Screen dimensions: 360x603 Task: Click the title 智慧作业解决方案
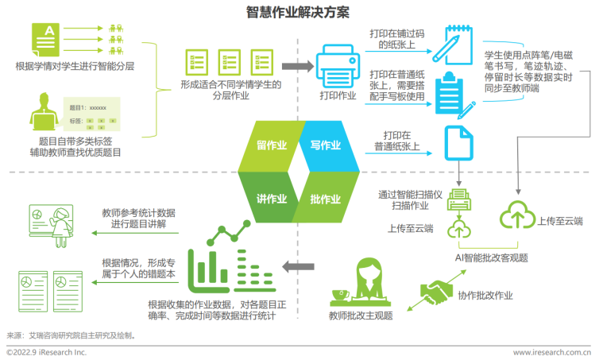301,13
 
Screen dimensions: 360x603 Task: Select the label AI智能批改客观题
491,257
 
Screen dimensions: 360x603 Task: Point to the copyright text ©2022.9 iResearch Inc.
46,351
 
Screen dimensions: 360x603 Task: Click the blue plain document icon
458,145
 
